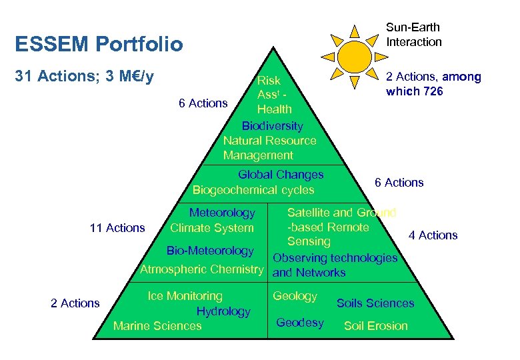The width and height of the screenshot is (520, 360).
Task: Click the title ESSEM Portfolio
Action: (99, 45)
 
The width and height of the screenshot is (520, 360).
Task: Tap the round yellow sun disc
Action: (354, 57)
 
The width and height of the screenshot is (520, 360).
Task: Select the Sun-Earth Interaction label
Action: (413, 35)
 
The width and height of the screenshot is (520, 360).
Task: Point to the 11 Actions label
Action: (117, 228)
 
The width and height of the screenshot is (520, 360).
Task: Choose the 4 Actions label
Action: (433, 235)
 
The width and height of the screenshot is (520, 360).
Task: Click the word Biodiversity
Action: (272, 126)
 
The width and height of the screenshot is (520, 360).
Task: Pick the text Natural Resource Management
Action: (269, 148)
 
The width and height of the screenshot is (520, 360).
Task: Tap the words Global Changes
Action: (281, 175)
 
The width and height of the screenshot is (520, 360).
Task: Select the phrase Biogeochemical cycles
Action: (253, 190)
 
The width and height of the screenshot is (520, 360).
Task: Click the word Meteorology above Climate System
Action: (222, 213)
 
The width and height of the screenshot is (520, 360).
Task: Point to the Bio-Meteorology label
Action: (210, 251)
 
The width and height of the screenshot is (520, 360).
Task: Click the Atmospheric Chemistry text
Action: (202, 269)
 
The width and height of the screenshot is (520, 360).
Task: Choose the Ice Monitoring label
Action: (185, 296)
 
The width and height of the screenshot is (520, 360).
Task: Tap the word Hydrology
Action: (223, 311)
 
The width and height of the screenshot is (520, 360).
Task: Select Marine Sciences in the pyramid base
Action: (157, 326)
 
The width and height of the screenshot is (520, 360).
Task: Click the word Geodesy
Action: (299, 323)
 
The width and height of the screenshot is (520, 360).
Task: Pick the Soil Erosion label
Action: (375, 326)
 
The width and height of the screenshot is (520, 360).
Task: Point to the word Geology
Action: (295, 296)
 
